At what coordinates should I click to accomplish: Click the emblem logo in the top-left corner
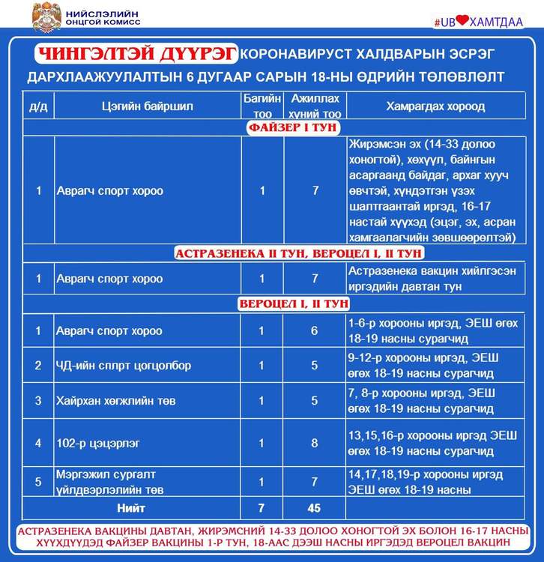coord(46,16)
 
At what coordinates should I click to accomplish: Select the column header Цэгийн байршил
coord(147,106)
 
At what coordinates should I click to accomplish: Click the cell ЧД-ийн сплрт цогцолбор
coord(124,366)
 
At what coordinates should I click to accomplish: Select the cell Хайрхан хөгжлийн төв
coord(116,401)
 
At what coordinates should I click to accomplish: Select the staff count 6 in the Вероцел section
coord(315,331)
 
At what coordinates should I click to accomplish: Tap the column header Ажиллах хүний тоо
coord(315,106)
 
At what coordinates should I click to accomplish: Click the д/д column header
coord(38,106)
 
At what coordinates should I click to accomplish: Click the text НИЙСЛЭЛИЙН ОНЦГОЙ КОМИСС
coord(104,16)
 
